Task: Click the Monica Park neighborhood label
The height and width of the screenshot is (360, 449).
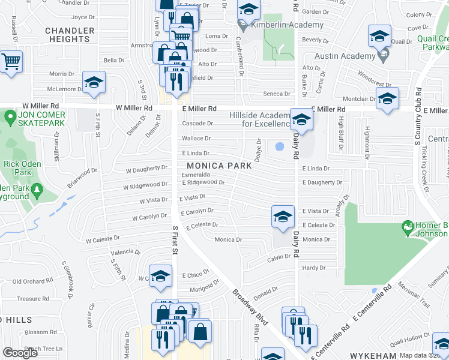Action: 217,166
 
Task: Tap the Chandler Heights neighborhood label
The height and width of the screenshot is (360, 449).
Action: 70,35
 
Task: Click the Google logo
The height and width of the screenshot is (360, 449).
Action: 20,353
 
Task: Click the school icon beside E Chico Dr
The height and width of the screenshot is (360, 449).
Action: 160,276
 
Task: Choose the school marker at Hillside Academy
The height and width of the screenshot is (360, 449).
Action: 300,119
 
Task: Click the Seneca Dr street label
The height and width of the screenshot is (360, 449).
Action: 277,94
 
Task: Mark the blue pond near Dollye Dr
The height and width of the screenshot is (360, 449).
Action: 279,146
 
